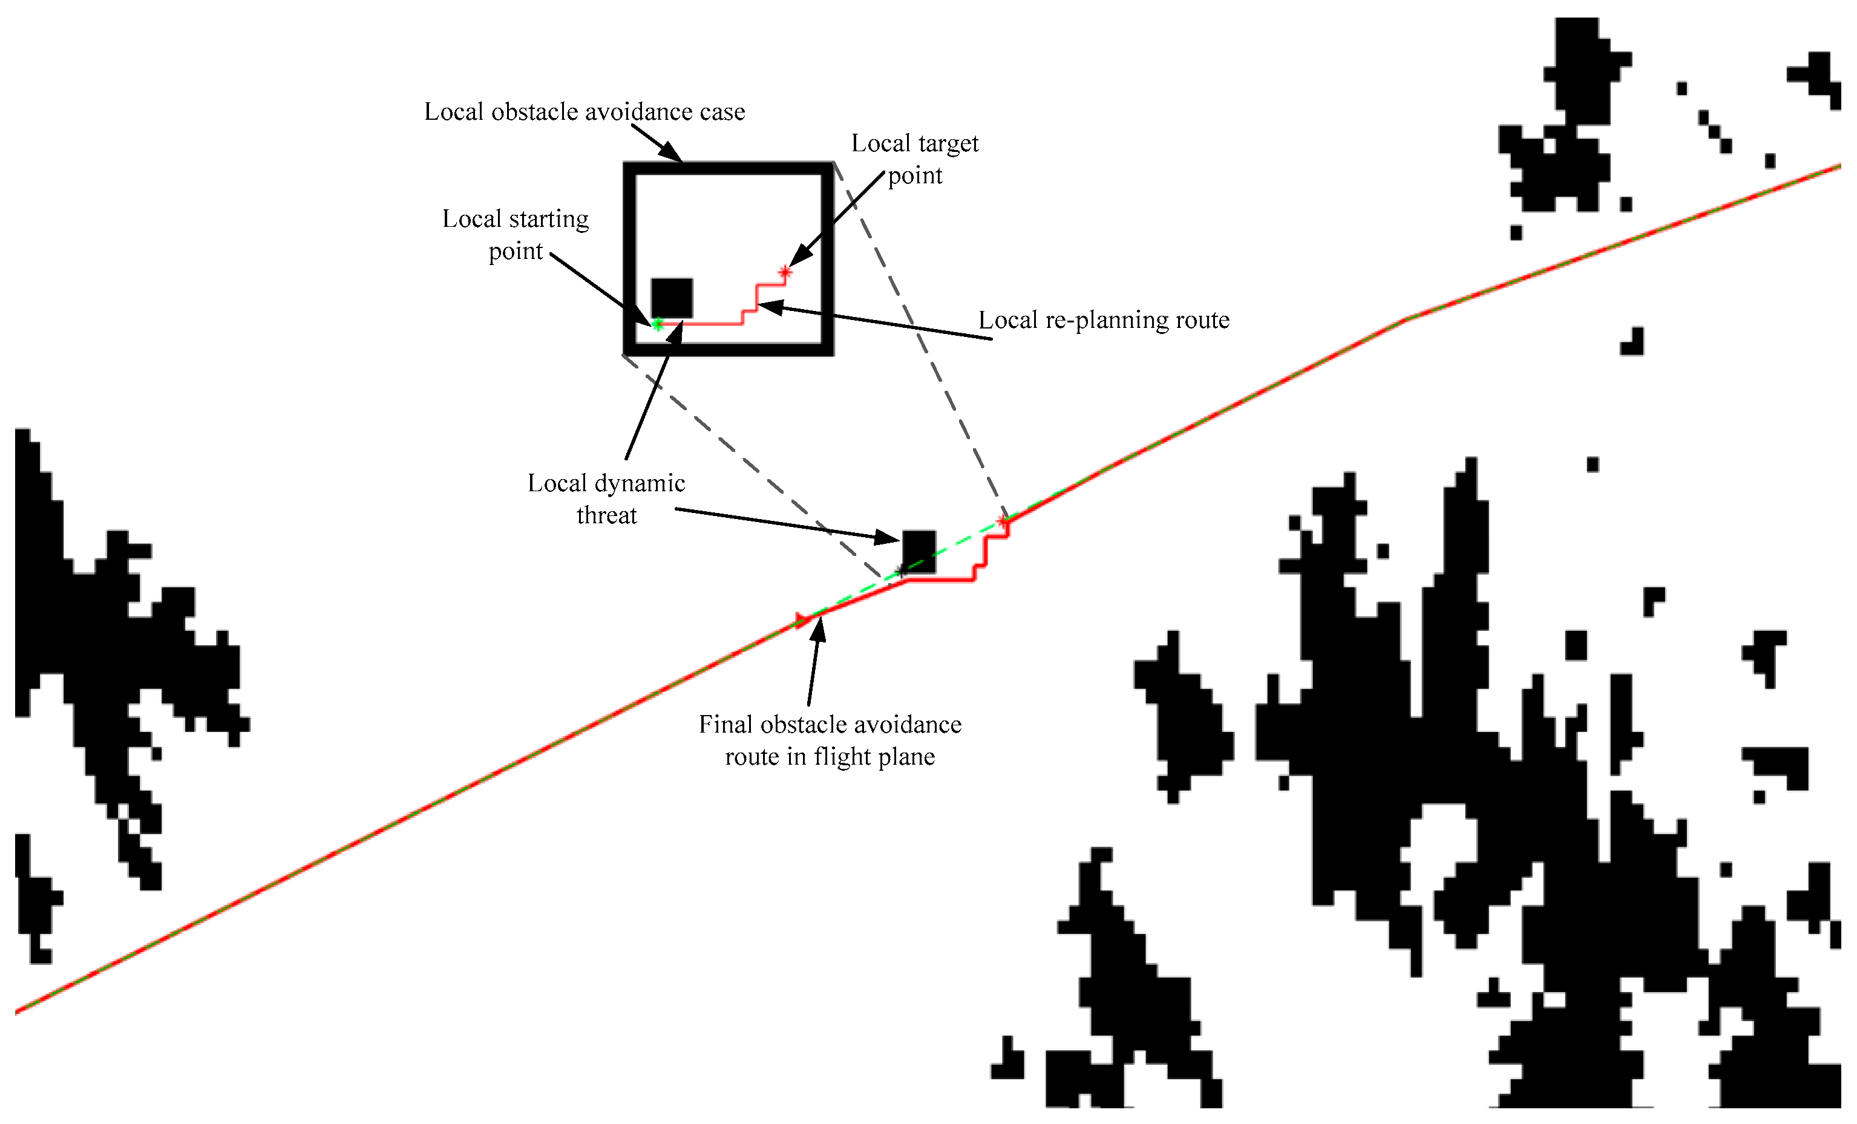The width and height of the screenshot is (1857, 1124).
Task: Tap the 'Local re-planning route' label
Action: (x=1103, y=320)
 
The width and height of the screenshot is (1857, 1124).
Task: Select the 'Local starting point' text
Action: (x=516, y=234)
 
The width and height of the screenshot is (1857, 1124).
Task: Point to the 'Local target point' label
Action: (x=915, y=159)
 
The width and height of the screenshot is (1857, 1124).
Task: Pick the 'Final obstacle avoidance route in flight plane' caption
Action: (x=830, y=740)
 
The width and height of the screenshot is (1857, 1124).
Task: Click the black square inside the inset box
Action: (x=672, y=298)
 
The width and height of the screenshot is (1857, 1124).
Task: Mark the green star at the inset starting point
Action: (x=657, y=324)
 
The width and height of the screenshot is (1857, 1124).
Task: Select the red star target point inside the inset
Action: (x=785, y=271)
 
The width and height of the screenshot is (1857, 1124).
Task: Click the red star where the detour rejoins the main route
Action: (x=1003, y=521)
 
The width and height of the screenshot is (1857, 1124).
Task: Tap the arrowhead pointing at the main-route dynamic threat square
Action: (x=890, y=538)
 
